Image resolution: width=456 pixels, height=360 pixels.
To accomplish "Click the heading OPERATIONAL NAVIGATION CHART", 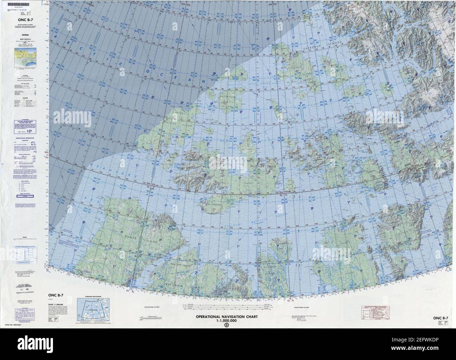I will (227, 316).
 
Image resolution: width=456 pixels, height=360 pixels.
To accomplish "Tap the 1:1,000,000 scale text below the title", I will (227, 321).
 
